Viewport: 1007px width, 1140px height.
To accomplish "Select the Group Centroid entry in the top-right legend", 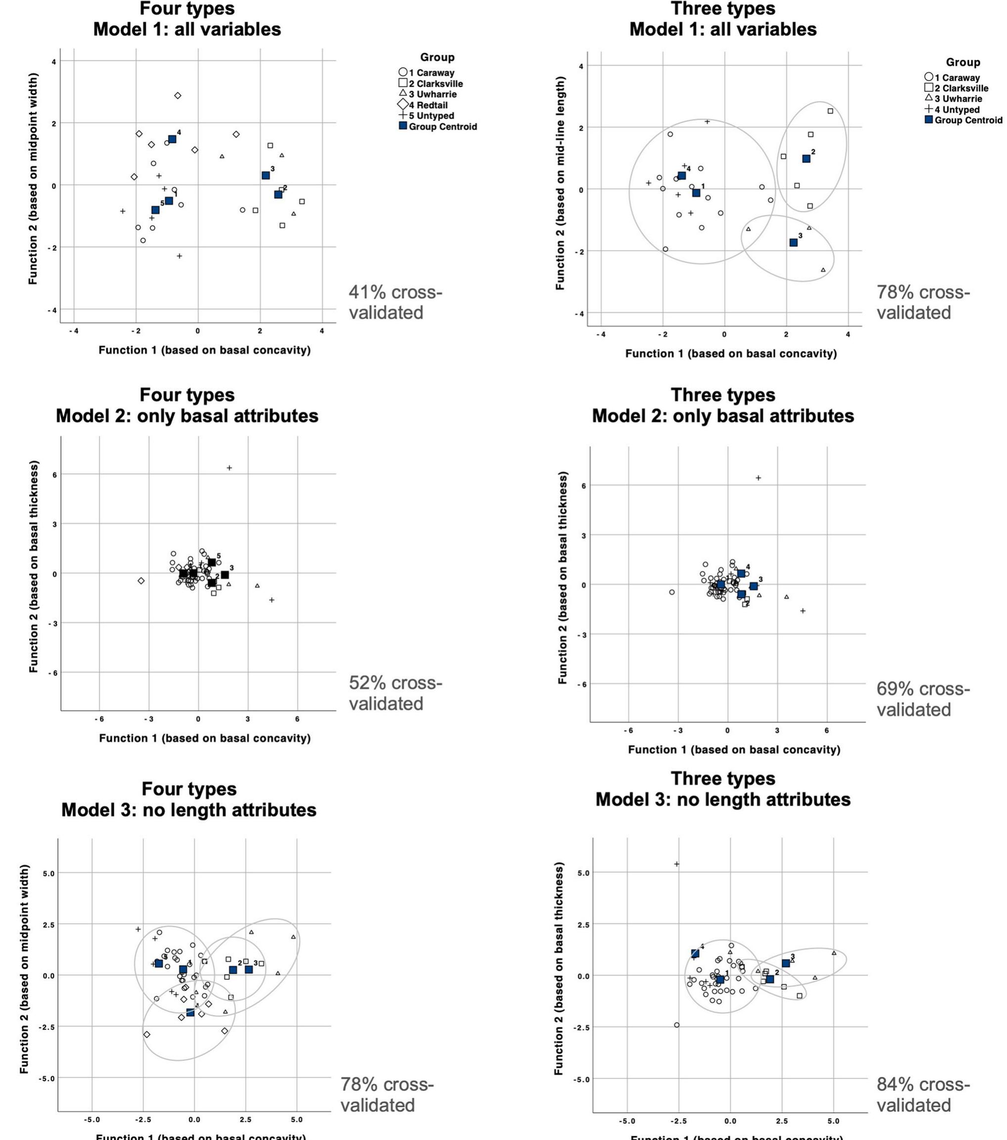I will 963,120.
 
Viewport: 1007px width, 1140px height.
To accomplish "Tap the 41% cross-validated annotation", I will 395,302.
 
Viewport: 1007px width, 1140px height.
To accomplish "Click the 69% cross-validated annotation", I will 923,699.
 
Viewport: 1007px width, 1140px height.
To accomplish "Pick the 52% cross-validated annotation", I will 395,693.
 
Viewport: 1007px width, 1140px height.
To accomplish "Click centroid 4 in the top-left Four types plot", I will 172,139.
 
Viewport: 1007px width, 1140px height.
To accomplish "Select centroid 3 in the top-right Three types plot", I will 794,243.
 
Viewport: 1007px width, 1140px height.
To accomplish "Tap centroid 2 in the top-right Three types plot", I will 806,159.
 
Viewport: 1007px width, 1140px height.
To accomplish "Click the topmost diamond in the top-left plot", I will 178,96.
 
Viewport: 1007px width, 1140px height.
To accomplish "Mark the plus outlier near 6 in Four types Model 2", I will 229,468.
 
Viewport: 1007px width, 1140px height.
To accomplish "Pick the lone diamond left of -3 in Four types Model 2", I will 142,581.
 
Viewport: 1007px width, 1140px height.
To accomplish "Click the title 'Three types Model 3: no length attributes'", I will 722,789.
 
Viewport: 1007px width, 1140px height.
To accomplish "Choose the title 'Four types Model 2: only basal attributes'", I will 187,406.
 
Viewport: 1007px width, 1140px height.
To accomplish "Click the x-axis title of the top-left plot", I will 205,350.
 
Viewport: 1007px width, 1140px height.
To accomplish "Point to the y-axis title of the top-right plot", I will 560,183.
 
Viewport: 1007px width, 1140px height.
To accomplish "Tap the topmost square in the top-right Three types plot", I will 830,111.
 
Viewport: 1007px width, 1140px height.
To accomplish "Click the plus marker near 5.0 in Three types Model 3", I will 677,864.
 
